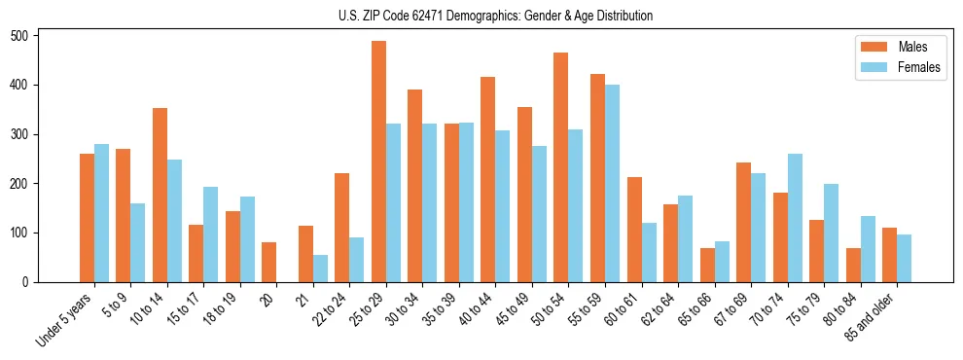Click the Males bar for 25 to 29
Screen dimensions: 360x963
(x=378, y=162)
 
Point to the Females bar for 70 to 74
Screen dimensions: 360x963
(x=795, y=218)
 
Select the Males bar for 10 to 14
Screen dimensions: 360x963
(x=160, y=195)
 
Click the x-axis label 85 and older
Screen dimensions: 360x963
(x=872, y=313)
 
